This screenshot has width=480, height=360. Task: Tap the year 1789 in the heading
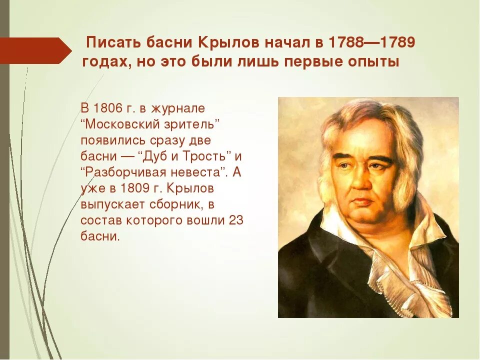pos(397,43)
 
